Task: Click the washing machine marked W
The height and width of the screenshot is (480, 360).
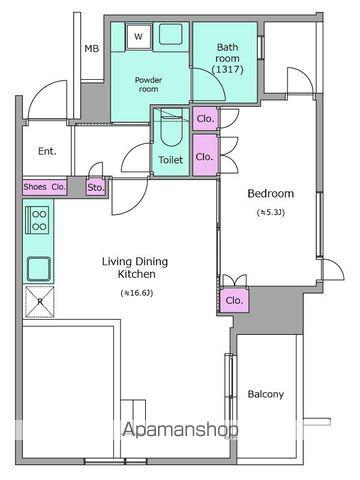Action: tap(138, 37)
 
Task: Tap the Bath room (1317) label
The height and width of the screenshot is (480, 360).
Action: tap(228, 58)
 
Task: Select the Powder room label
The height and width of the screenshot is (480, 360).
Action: tap(149, 85)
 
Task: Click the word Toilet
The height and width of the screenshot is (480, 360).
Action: tap(171, 160)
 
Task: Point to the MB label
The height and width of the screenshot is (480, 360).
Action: tap(92, 49)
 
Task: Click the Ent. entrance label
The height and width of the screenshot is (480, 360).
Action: tap(47, 151)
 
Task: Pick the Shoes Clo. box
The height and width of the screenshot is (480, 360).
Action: tap(45, 187)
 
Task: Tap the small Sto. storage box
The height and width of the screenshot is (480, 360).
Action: tap(96, 188)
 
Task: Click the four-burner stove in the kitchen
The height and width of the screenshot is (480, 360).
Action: tap(39, 220)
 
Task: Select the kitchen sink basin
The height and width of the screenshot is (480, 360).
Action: tap(39, 269)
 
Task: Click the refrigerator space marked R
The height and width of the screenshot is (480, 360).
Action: tap(40, 301)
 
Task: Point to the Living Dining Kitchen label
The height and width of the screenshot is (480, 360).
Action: tap(135, 268)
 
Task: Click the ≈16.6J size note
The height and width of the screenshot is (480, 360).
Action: tap(137, 293)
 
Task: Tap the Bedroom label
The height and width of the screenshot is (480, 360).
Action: tap(271, 193)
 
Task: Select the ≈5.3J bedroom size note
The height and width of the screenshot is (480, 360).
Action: tap(271, 212)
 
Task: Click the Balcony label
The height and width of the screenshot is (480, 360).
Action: tap(266, 394)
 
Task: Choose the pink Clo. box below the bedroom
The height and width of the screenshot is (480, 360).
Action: tap(234, 300)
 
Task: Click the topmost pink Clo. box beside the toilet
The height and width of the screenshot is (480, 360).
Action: tap(205, 119)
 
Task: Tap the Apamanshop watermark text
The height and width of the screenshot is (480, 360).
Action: tap(180, 430)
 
